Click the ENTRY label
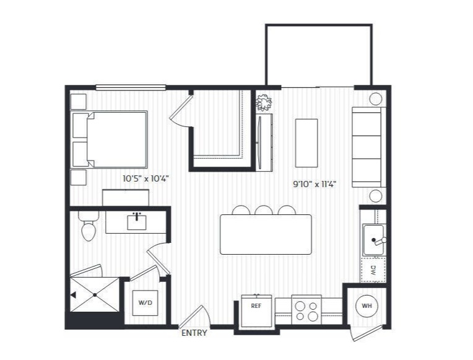click(194, 333)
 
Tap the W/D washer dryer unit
click(145, 302)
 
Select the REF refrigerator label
click(256, 306)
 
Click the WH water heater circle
click(367, 306)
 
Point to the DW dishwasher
click(373, 270)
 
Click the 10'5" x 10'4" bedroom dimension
click(145, 179)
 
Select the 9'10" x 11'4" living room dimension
click(315, 184)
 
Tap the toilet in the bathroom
click(89, 226)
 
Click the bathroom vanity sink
click(137, 222)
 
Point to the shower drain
click(95, 295)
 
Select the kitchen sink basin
click(373, 240)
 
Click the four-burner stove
click(306, 311)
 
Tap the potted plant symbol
click(264, 103)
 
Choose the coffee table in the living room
click(306, 143)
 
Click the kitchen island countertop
click(266, 234)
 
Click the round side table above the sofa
click(376, 99)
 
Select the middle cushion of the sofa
click(367, 147)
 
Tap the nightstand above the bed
click(79, 102)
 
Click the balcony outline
click(319, 25)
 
